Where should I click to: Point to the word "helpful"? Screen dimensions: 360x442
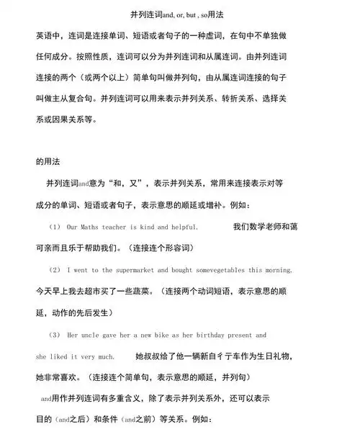coord(181,227)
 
